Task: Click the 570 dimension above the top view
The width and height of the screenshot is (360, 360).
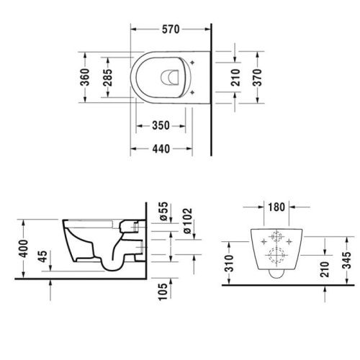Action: (170, 30)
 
